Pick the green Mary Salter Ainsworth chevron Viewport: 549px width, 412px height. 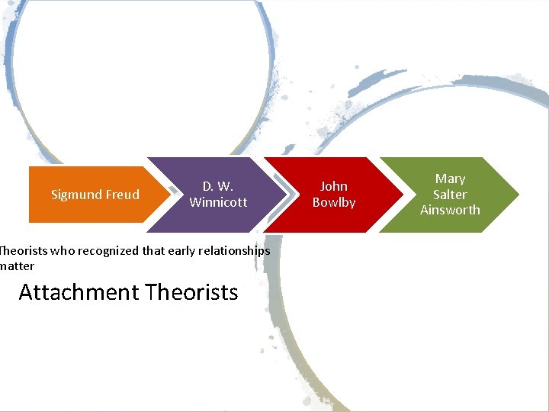coord(450,194)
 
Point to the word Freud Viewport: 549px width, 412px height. coord(124,195)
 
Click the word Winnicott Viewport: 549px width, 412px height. coord(218,202)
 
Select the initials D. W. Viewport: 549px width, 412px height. coord(218,186)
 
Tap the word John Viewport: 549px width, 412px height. coord(334,186)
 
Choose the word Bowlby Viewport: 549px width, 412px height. coord(334,202)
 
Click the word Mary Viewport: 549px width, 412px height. coord(450,179)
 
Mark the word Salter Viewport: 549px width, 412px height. coord(450,195)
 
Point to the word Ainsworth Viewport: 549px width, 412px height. coord(450,210)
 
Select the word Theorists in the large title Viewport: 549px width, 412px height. coord(191,292)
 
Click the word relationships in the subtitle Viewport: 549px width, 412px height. coord(232,251)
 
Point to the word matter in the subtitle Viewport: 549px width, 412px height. coord(17,266)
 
